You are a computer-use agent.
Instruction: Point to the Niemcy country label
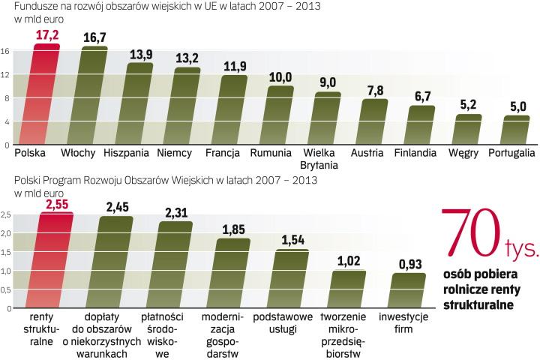pyautogui.click(x=175, y=153)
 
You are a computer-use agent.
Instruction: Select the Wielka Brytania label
pyautogui.click(x=325, y=159)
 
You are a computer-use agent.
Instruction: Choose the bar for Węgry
pyautogui.click(x=468, y=130)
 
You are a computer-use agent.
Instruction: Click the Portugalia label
pyautogui.click(x=511, y=153)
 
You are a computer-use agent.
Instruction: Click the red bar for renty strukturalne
pyautogui.click(x=55, y=261)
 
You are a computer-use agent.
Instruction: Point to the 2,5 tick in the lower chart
pyautogui.click(x=6, y=215)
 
